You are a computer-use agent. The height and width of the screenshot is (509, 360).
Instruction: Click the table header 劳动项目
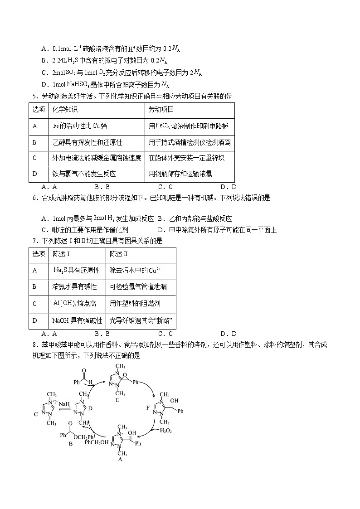tap(161, 110)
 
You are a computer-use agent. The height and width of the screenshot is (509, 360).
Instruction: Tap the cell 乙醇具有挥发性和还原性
tap(88, 142)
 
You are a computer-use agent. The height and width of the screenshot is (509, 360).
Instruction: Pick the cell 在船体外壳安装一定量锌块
tap(186, 158)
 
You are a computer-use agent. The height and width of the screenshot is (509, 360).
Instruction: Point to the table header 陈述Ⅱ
tap(119, 255)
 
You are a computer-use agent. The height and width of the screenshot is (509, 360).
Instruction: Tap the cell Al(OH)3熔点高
tap(76, 304)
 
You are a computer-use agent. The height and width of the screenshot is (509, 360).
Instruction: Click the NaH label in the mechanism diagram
tap(64, 404)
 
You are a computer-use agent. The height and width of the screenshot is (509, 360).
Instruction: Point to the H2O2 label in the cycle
tap(165, 431)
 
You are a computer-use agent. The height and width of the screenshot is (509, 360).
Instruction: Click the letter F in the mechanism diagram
tap(147, 408)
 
